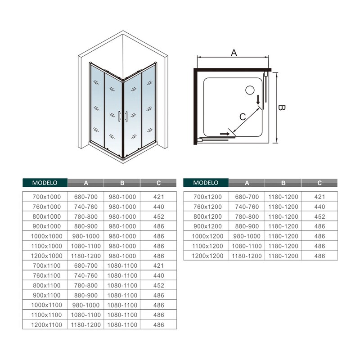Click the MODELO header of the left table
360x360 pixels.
point(45,183)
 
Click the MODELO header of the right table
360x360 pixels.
point(206,183)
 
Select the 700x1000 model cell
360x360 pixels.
point(47,197)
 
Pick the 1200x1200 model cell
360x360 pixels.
point(207,256)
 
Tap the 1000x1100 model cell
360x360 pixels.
point(47,305)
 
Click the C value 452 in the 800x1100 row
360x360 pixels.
point(159,285)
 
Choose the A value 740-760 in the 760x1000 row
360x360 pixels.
point(86,207)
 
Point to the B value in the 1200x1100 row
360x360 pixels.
point(122,325)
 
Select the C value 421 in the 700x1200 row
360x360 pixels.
point(319,197)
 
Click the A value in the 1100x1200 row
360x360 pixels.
point(247,246)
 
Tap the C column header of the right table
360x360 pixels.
point(319,183)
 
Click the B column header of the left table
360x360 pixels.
point(122,183)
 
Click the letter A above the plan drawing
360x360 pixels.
point(234,53)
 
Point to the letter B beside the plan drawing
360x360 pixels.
point(282,108)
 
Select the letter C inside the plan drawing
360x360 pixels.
point(243,117)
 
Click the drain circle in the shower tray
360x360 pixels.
point(250,90)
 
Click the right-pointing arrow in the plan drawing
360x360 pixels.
point(225,134)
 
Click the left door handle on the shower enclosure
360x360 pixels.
point(119,117)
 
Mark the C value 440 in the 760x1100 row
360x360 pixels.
point(159,275)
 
